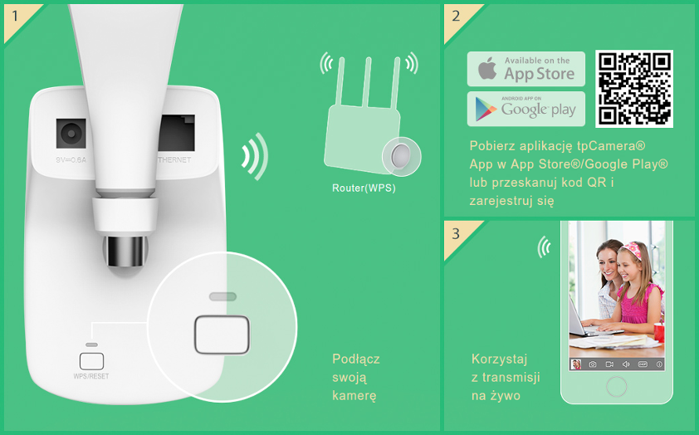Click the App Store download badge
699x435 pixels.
(x=526, y=69)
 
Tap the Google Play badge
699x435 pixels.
(x=526, y=109)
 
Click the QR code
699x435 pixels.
(x=634, y=89)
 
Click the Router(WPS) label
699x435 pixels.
(x=364, y=188)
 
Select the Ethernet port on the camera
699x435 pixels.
(x=176, y=133)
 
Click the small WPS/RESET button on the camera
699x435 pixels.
(x=91, y=361)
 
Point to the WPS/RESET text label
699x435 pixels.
(x=91, y=376)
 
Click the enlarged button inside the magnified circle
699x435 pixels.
(x=221, y=334)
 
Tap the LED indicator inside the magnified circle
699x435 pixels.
(x=222, y=296)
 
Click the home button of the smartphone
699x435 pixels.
(x=616, y=386)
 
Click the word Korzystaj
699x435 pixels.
(x=500, y=359)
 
